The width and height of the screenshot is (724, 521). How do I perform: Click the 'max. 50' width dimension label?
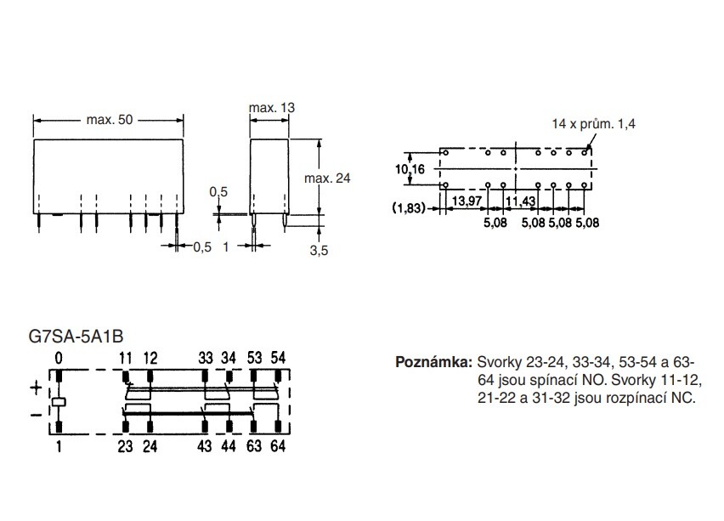110,120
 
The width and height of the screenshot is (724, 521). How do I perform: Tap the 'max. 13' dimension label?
272,108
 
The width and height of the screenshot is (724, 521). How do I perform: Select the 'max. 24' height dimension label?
327,178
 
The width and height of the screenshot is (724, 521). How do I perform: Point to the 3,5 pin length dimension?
319,251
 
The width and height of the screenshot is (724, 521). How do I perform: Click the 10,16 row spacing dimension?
410,169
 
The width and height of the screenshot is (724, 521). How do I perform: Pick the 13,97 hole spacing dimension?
467,201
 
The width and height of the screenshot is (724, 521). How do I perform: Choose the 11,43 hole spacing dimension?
520,201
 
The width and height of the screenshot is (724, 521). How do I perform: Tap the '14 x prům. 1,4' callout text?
593,124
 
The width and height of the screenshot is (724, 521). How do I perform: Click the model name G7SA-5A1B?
76,337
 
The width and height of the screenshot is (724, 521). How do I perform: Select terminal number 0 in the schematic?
59,359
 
